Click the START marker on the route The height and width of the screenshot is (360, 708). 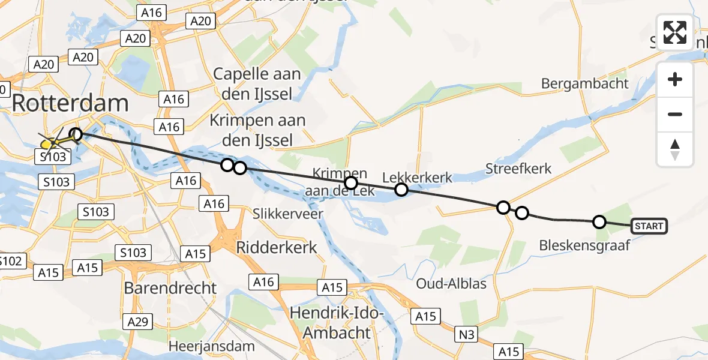pos(649,226)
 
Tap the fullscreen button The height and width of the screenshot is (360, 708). pos(675,32)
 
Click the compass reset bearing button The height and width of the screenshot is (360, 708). pos(675,149)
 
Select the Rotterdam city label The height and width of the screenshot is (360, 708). pos(70,103)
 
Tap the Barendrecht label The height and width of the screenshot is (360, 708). pos(170,288)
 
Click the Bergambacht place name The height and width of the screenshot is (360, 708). pos(584,83)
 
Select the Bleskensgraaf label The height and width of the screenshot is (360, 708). pos(584,245)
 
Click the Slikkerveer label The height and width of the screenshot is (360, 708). pos(288,214)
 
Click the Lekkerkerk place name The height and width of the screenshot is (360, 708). pos(418,177)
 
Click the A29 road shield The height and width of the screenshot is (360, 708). pos(137,322)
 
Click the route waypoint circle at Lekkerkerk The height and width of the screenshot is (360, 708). pos(401,190)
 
